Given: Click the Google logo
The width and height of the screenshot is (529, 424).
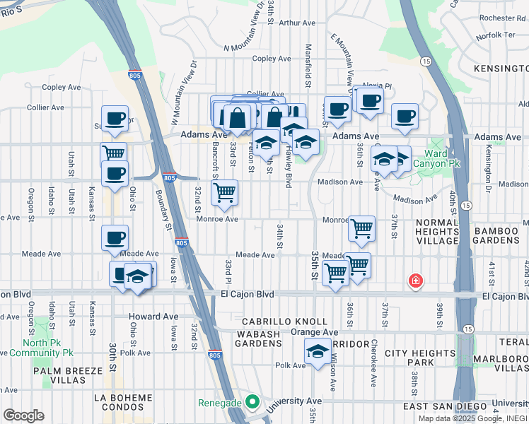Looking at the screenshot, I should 23,416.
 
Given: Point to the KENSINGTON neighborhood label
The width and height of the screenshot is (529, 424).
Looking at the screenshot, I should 501,69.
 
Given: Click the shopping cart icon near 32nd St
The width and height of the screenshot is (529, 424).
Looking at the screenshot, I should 224,192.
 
